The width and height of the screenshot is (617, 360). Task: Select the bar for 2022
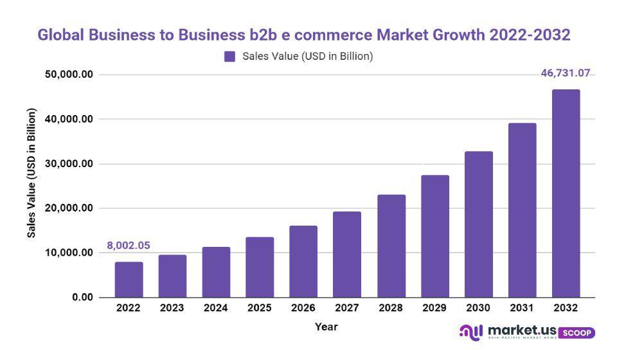[x=129, y=280]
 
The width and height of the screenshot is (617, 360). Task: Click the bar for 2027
[x=347, y=255]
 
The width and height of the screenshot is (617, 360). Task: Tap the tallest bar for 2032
[x=566, y=193]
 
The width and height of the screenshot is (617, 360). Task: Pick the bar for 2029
[x=435, y=236]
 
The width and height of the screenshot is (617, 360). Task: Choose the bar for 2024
[x=216, y=272]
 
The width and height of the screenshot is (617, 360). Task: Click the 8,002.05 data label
[x=129, y=246]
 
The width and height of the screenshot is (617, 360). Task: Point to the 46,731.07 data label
[x=566, y=73]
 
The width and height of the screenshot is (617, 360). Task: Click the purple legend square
[x=230, y=57]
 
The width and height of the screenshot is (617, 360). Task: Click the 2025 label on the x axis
[x=260, y=308]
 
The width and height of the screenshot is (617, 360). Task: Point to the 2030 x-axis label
[x=478, y=308]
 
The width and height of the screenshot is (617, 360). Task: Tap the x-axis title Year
[x=326, y=327]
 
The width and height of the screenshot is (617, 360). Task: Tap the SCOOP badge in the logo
[x=577, y=333]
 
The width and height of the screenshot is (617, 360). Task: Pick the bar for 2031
[x=522, y=210]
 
